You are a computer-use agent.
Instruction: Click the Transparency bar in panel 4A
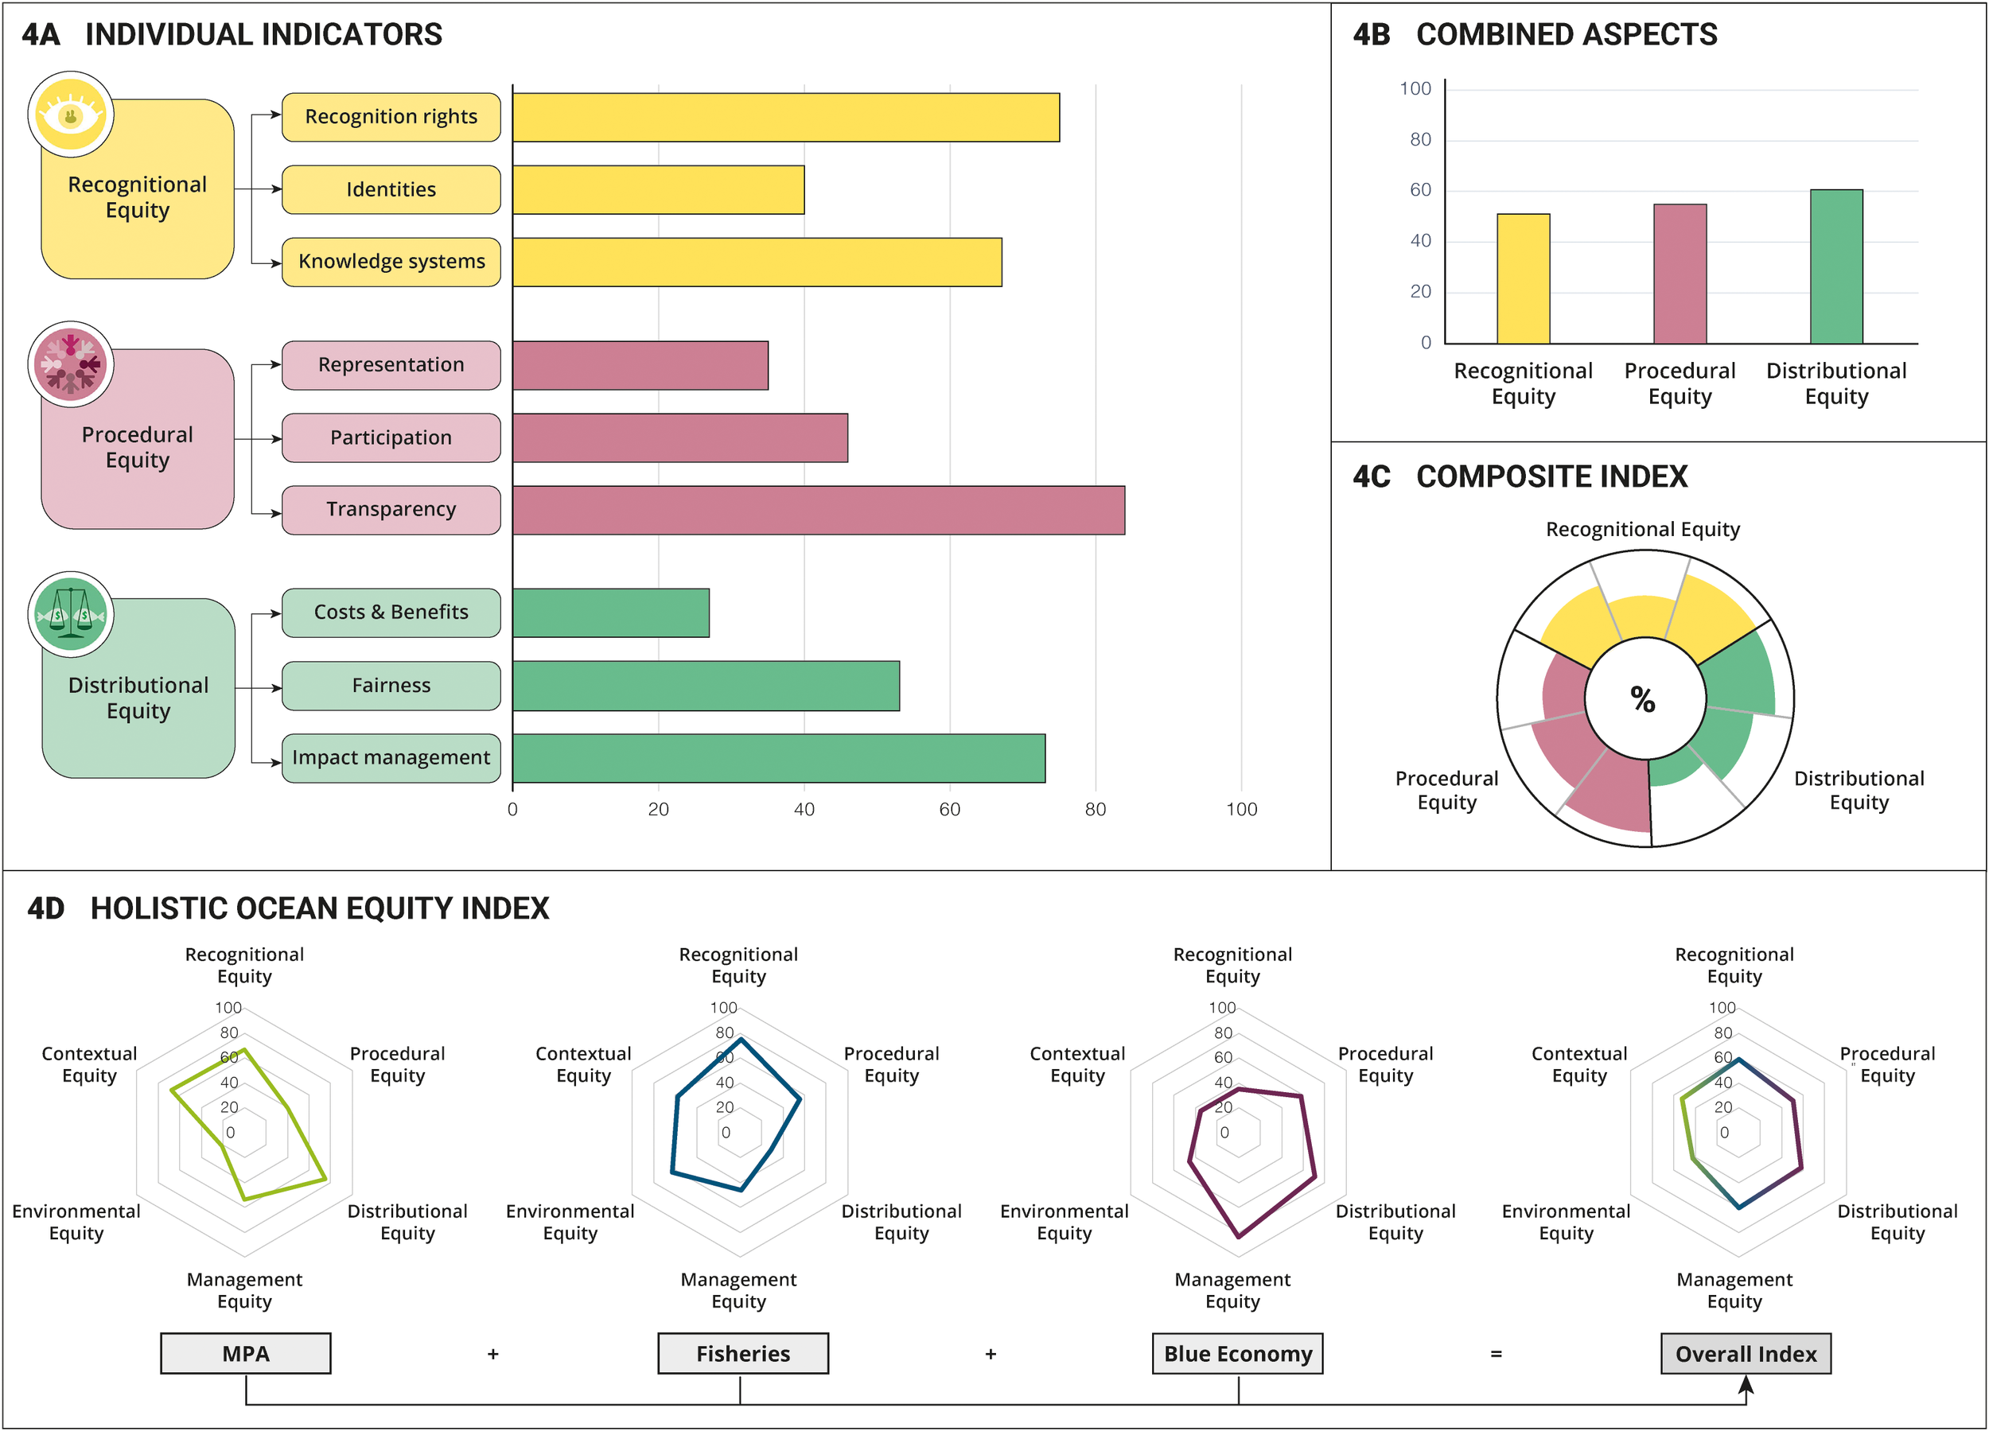pyautogui.click(x=818, y=511)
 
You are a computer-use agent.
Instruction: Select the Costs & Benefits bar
pyautogui.click(x=610, y=613)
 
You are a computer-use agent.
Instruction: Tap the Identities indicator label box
pyautogui.click(x=391, y=189)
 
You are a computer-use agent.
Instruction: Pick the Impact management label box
pyautogui.click(x=391, y=757)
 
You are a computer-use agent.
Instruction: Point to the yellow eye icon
pyautogui.click(x=71, y=115)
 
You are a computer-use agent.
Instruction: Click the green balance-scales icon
pyautogui.click(x=71, y=614)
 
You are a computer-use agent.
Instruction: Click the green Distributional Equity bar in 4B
pyautogui.click(x=1836, y=266)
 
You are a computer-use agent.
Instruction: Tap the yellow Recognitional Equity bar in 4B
pyautogui.click(x=1524, y=279)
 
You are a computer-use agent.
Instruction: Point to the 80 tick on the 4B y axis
pyautogui.click(x=1420, y=139)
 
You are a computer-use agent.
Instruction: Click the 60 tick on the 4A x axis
pyautogui.click(x=950, y=809)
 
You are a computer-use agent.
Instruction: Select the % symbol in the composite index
pyautogui.click(x=1643, y=700)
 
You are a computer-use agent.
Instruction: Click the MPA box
pyautogui.click(x=246, y=1354)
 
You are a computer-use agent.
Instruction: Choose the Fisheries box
pyautogui.click(x=743, y=1354)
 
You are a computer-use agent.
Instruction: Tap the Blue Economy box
pyautogui.click(x=1237, y=1354)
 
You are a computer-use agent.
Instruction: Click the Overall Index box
pyautogui.click(x=1746, y=1354)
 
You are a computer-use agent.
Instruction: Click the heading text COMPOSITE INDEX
pyautogui.click(x=1551, y=477)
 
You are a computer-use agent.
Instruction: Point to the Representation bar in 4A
pyautogui.click(x=640, y=366)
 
